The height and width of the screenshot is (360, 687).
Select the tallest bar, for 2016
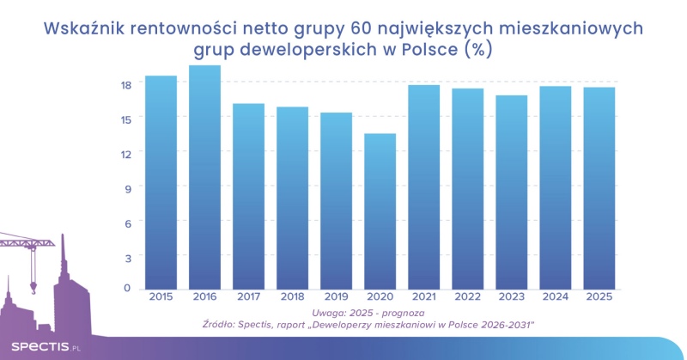[204, 177]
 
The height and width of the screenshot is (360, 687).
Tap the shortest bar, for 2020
[380, 211]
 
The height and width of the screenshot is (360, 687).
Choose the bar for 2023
[512, 192]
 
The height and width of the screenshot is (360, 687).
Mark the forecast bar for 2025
[599, 188]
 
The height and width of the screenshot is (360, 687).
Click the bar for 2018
[292, 198]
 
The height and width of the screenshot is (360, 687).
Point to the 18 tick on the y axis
[125, 84]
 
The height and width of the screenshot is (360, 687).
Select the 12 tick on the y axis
[125, 153]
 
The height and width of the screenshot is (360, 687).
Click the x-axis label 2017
[248, 297]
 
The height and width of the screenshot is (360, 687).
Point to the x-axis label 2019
[336, 297]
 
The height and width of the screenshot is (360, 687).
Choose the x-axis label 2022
[468, 297]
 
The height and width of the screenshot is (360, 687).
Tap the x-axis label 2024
[556, 297]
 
